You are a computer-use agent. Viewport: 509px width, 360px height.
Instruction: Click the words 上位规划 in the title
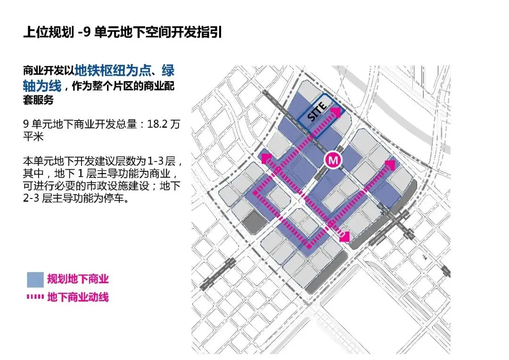[x=49, y=33]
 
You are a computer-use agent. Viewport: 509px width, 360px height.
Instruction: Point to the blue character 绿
[x=168, y=70]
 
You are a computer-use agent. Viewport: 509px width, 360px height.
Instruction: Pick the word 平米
[x=33, y=136]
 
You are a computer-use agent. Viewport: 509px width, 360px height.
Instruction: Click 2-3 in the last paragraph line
[x=31, y=198]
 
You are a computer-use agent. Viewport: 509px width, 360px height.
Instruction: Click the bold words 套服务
[x=38, y=99]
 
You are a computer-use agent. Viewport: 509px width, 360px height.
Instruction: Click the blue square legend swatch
[x=35, y=279]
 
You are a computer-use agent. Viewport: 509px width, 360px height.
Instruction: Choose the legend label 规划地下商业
[x=78, y=279]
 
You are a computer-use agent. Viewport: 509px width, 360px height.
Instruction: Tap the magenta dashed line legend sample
[x=35, y=297]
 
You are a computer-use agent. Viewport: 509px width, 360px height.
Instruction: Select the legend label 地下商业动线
[x=78, y=297]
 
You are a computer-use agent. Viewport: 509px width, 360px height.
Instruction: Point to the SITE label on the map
[x=317, y=111]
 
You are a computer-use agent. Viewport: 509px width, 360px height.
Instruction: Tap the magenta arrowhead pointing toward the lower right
[x=345, y=237]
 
